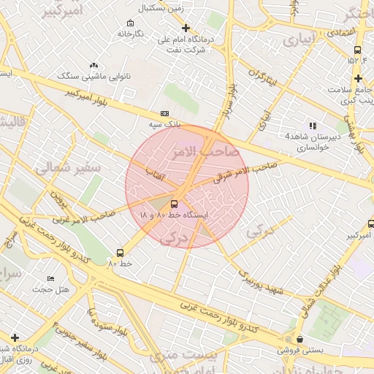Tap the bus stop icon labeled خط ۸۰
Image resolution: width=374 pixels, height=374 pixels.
pyautogui.click(x=120, y=252)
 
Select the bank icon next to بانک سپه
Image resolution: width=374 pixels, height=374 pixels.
pyautogui.click(x=164, y=113)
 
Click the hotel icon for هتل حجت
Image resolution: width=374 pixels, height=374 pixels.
pyautogui.click(x=50, y=278)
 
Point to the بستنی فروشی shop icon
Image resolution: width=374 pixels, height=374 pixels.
pyautogui.click(x=300, y=339)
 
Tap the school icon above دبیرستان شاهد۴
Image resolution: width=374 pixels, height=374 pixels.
pyautogui.click(x=313, y=126)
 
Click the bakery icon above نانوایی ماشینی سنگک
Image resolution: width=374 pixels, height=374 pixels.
pyautogui.click(x=93, y=66)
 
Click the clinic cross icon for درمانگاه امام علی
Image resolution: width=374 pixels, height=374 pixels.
pyautogui.click(x=186, y=28)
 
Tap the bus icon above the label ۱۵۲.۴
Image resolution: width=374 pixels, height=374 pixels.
pyautogui.click(x=357, y=50)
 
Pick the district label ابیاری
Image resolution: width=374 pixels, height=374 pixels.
pyautogui.click(x=302, y=37)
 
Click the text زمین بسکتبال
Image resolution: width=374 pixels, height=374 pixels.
pyautogui.click(x=174, y=8)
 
